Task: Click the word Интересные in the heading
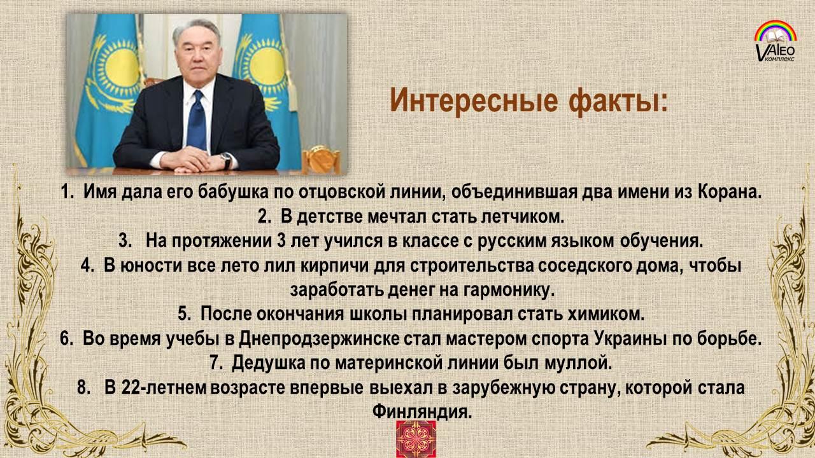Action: (474, 101)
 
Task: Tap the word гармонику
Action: (509, 291)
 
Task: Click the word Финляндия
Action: (422, 412)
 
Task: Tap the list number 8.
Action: (83, 388)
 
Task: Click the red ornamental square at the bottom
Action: (416, 439)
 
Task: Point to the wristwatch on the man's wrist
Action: (227, 161)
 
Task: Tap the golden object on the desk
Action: (320, 159)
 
